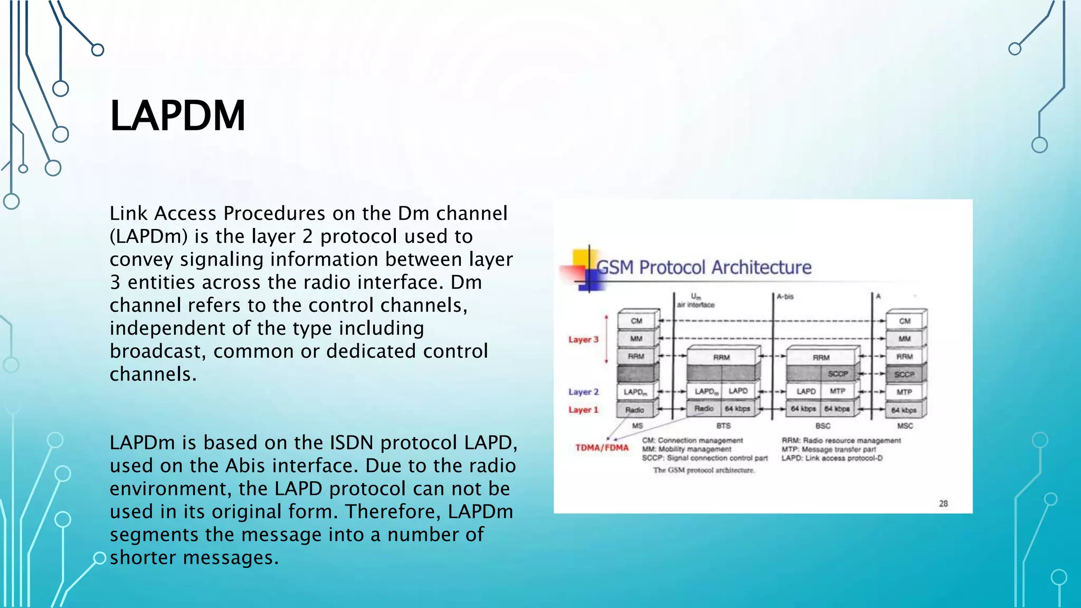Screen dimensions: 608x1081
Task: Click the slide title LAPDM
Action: click(x=177, y=116)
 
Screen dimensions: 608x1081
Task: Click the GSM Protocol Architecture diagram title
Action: click(x=704, y=268)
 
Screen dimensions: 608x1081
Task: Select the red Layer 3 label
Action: click(x=583, y=339)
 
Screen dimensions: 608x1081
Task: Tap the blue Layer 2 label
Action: click(x=583, y=392)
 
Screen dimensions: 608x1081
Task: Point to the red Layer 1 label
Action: click(x=583, y=410)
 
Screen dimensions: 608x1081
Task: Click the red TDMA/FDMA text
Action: click(x=602, y=448)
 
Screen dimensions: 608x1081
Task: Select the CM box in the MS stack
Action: click(x=637, y=321)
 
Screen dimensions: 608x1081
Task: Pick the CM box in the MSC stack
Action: click(x=905, y=321)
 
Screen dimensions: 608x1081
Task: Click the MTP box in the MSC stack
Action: click(x=904, y=392)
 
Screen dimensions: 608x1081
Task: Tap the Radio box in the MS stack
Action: click(x=634, y=410)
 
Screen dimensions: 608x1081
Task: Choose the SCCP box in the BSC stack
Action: click(x=838, y=374)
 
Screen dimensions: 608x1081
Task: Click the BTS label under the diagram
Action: click(x=723, y=425)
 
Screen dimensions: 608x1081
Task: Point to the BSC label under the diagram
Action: click(x=822, y=425)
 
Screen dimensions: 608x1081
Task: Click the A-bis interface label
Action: click(x=785, y=297)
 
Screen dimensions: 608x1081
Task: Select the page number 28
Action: click(x=943, y=503)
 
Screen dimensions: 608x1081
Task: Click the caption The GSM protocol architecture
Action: click(x=704, y=470)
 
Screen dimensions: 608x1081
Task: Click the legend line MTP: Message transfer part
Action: click(x=828, y=449)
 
